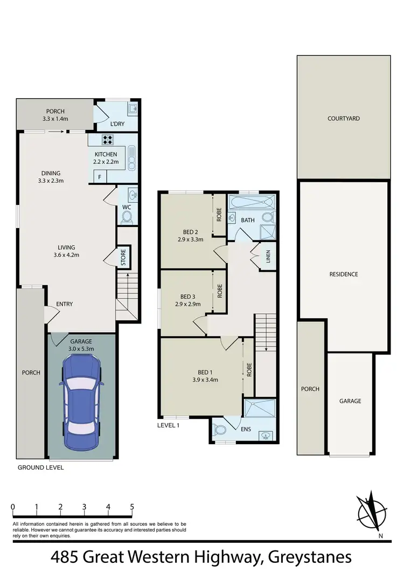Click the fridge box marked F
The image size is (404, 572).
click(x=99, y=177)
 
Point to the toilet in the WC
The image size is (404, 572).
click(x=127, y=216)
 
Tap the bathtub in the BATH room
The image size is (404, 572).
click(x=252, y=203)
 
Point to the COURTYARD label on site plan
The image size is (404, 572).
click(x=344, y=118)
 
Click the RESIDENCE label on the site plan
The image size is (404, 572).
click(x=344, y=274)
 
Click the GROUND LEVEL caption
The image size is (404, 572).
click(x=41, y=467)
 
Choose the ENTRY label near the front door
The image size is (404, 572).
click(x=65, y=304)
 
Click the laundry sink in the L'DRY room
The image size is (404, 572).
click(x=132, y=110)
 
